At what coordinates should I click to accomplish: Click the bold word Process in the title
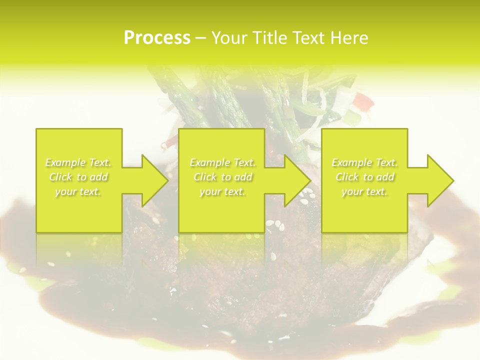(157, 38)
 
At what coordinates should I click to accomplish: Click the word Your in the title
(228, 38)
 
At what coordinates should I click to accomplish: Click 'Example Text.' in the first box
(78, 162)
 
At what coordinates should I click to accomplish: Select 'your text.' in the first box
(78, 191)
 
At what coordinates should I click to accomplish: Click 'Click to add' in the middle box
(222, 177)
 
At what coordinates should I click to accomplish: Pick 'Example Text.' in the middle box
(222, 162)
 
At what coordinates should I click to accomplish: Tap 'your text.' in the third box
(364, 191)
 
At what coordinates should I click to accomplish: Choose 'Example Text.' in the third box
(364, 162)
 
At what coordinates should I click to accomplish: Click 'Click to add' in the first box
(78, 177)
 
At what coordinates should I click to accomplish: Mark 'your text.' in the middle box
(222, 191)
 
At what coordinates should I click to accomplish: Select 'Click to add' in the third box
(364, 177)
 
